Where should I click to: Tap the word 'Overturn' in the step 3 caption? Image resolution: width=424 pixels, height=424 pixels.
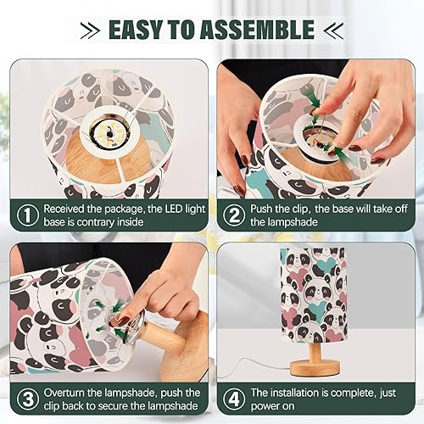(70, 392)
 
